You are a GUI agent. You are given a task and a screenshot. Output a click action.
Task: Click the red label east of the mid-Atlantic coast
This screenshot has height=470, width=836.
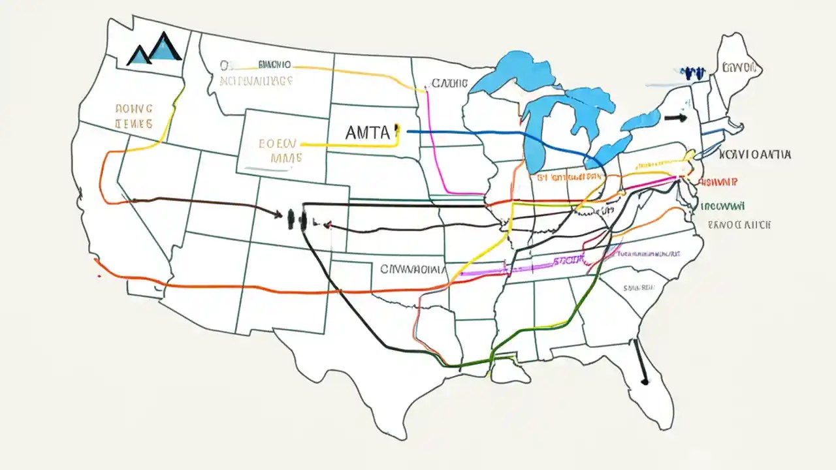tap(718, 183)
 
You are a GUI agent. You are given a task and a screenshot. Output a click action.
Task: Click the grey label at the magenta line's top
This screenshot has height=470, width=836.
tap(449, 84)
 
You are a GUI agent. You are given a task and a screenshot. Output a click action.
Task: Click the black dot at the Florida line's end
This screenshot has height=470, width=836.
tap(645, 380)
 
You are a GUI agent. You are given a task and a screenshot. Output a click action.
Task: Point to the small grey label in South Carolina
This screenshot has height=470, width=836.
tap(639, 287)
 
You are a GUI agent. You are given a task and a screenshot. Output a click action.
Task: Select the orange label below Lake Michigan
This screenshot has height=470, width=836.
tap(568, 176)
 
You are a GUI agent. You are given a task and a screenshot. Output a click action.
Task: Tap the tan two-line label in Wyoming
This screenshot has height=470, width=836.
tap(278, 149)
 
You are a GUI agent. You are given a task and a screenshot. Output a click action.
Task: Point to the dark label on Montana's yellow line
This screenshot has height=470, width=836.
tap(274, 65)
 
